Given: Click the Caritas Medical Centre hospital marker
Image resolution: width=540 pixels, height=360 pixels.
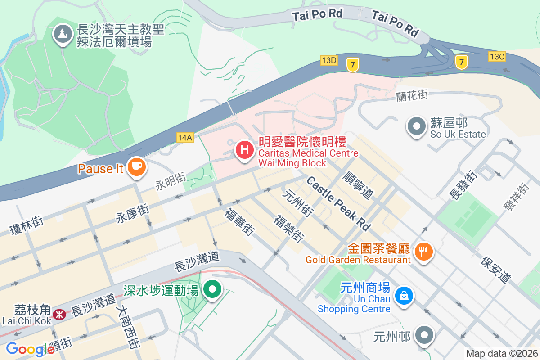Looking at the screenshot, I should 244,150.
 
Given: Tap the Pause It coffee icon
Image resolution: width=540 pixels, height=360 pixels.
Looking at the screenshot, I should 135,167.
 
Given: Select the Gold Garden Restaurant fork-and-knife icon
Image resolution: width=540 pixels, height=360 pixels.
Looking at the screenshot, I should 423,252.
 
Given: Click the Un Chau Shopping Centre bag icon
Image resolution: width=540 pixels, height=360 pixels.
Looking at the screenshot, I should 404,296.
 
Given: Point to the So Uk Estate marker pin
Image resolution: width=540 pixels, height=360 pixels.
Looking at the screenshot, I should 417,126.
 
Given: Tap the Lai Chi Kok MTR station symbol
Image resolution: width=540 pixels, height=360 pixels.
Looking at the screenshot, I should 58,314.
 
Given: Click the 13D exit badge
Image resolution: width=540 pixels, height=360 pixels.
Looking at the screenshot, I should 329,60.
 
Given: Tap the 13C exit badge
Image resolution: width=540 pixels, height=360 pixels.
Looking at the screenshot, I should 497,56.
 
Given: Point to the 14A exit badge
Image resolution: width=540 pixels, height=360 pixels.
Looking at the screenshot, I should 184,138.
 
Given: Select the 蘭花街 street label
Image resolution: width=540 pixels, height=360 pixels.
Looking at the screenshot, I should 412,95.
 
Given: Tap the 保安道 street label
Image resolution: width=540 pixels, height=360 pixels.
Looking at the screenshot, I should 496,270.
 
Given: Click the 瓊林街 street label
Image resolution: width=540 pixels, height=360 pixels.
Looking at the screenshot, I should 27,225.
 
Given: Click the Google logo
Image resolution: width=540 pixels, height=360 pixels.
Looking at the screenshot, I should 30,349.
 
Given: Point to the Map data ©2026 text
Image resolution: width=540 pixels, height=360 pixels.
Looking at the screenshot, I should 502,354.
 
